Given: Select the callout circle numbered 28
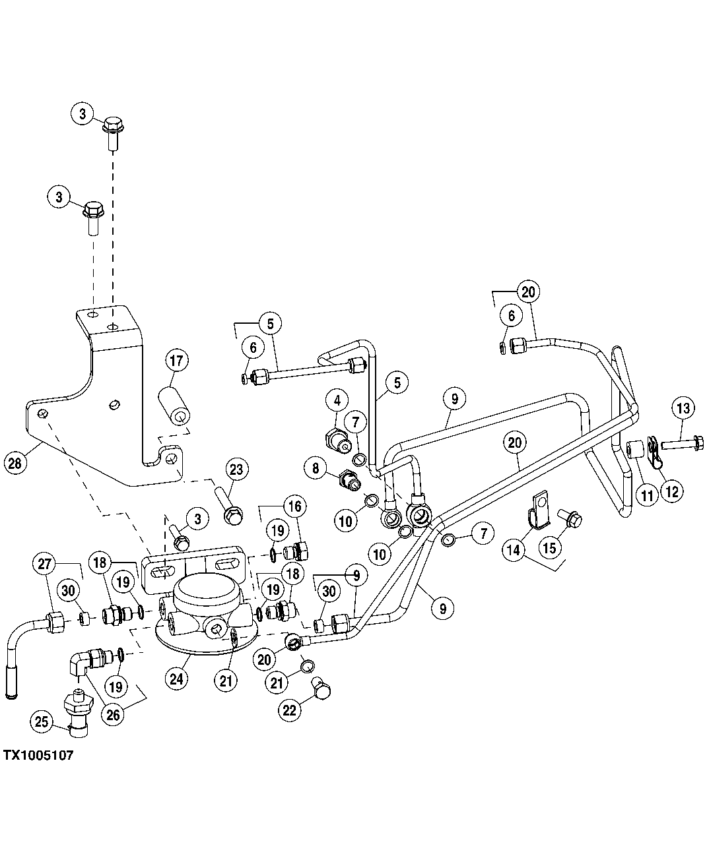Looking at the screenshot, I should (15, 462).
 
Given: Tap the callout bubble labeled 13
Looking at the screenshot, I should (683, 408).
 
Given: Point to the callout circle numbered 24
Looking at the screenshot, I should (176, 679).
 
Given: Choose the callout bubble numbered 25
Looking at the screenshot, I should (42, 722).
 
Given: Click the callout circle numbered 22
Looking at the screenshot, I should (290, 710).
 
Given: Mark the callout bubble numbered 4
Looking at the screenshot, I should (337, 400).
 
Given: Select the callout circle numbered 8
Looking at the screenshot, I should (316, 468).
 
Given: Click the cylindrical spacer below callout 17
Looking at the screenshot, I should (174, 409).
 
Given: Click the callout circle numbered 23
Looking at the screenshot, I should (236, 470).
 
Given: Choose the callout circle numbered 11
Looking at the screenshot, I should (647, 494).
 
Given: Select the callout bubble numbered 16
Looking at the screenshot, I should (294, 506).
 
